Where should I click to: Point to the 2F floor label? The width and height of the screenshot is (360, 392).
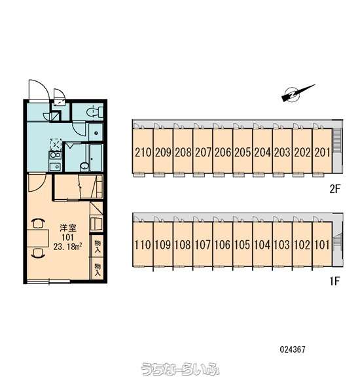[x=335, y=189]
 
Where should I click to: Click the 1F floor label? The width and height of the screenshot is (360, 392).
[x=335, y=281]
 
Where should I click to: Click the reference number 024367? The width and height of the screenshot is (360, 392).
[x=293, y=349]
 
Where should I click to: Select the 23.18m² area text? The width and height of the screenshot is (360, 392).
[x=68, y=247]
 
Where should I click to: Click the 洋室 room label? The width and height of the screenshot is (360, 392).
[x=68, y=228]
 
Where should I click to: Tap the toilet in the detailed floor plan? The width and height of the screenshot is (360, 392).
[x=95, y=111]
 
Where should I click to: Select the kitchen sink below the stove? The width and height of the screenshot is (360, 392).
[x=55, y=166]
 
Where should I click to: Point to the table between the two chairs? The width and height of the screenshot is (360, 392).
[x=38, y=238]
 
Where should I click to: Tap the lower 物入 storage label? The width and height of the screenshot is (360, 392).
[x=98, y=270]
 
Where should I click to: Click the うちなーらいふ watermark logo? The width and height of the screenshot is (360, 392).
[x=181, y=369]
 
